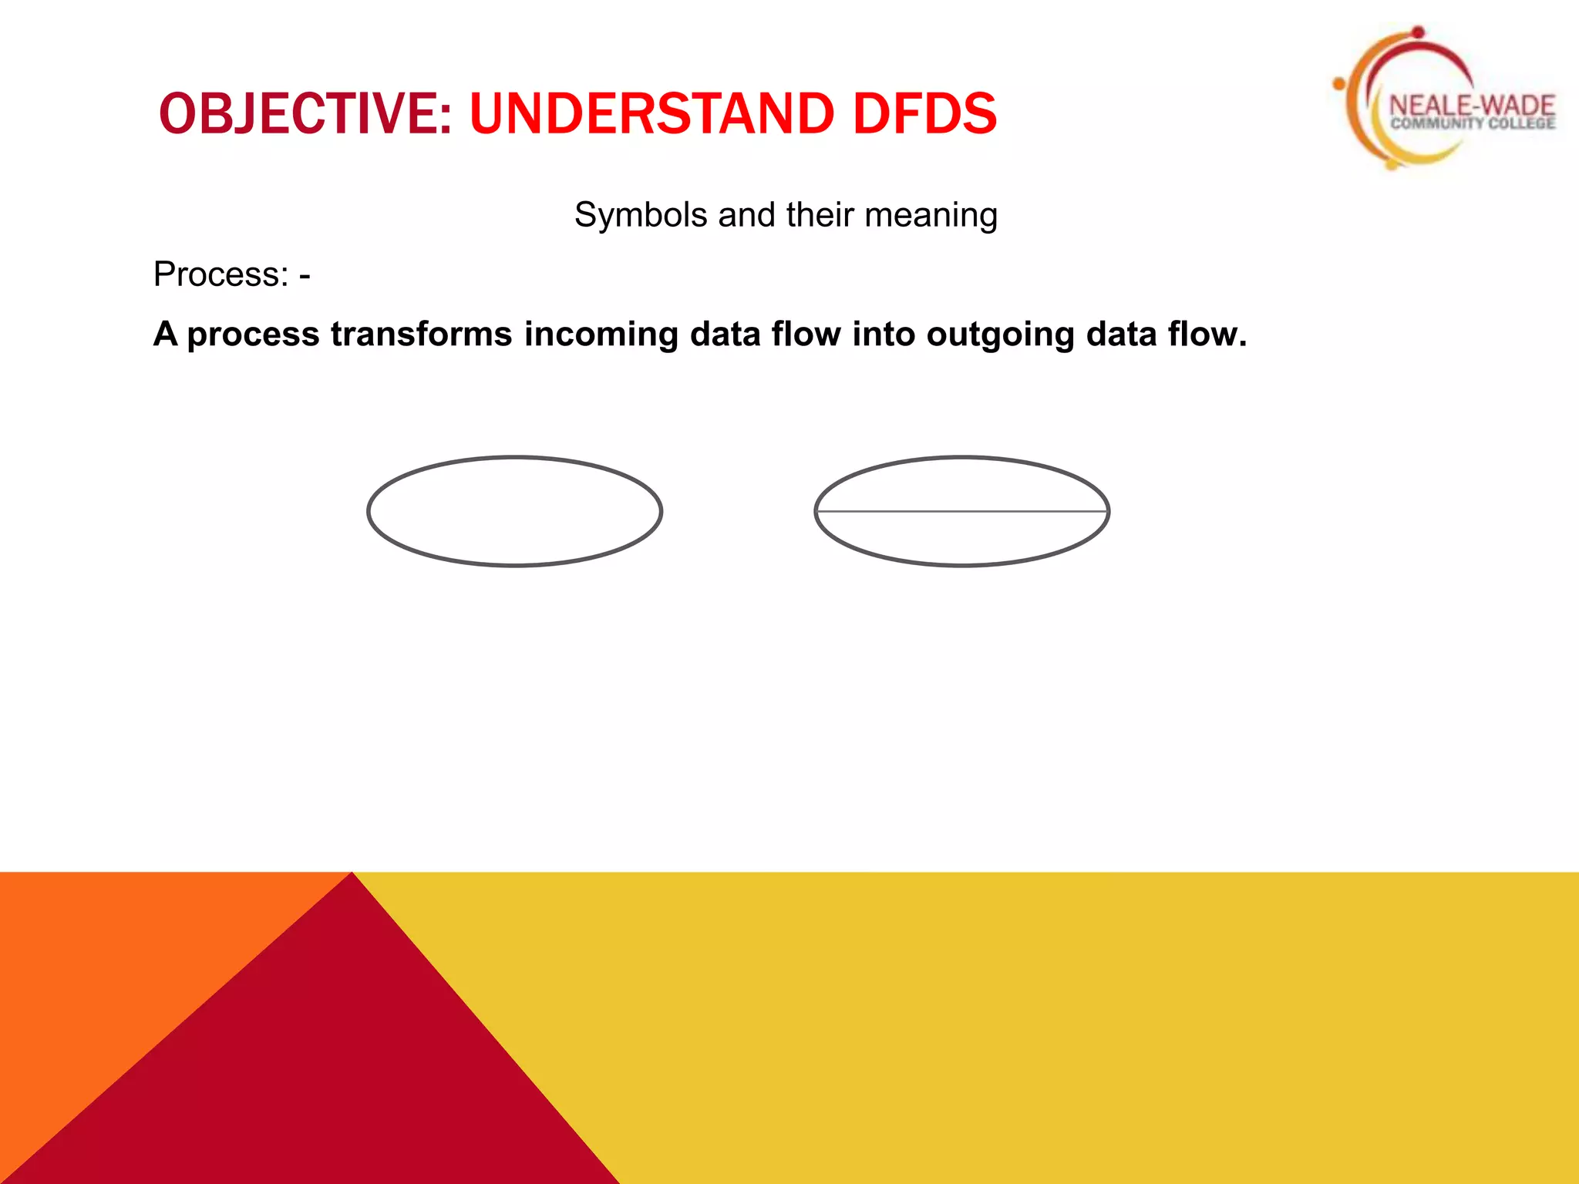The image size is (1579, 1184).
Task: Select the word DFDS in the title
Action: point(924,113)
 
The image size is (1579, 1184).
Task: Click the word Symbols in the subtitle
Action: point(641,215)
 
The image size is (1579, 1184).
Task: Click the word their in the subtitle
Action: point(820,215)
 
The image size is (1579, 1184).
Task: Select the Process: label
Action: point(221,274)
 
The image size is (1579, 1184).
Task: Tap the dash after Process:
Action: point(305,275)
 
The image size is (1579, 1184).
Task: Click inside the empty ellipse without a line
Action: point(515,512)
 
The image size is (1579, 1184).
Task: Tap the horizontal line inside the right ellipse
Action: point(962,511)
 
